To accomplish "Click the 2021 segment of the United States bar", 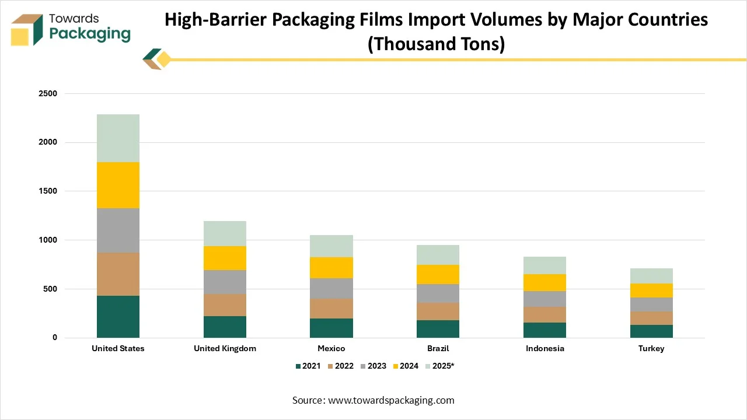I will pos(118,316).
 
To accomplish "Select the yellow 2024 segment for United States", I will pos(118,185).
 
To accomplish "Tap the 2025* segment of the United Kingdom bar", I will pos(225,233).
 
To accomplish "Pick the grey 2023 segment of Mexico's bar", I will pos(331,288).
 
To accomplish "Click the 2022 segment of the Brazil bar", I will pos(438,311).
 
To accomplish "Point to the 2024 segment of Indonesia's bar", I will pos(544,282).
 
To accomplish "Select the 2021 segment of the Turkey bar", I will pos(651,331).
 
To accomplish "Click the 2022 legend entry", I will pos(340,366).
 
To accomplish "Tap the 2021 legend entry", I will pos(308,366).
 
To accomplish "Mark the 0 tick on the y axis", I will pos(54,338).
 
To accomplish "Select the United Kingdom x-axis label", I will pos(225,348).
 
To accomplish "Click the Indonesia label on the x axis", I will pos(544,348).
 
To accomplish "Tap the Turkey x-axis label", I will pos(651,348).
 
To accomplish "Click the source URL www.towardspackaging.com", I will pos(391,400).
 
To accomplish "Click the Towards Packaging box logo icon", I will pos(27,30).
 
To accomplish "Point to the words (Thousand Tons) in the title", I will pos(436,43).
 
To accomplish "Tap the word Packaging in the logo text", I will pos(90,34).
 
